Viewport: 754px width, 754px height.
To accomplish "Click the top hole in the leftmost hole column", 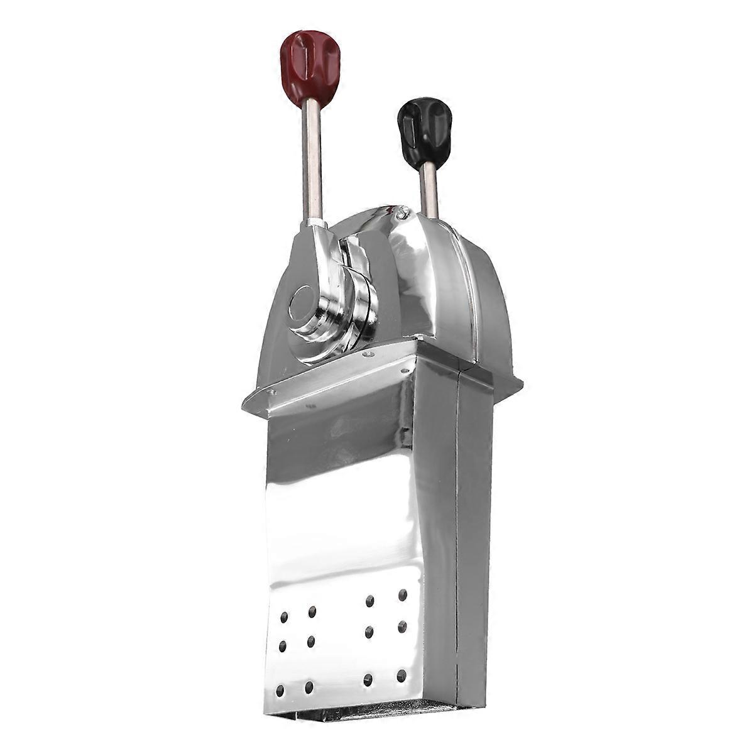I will coord(284,616).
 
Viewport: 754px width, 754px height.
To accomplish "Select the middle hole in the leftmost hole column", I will coord(283,645).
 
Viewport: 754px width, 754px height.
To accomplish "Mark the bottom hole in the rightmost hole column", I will coord(402,676).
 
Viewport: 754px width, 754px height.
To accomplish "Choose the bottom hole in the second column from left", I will coord(309,687).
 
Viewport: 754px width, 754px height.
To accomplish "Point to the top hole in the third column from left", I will coord(370,599).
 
